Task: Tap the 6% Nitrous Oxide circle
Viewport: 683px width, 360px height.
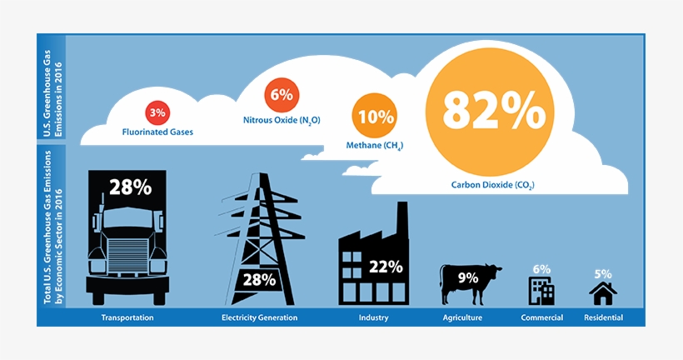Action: (x=281, y=95)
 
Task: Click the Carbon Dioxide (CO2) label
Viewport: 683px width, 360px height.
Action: (x=492, y=184)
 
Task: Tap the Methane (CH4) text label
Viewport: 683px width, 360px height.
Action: (x=374, y=146)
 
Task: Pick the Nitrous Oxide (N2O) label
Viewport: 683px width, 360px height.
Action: (x=281, y=120)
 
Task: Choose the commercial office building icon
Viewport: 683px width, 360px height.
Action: (x=541, y=290)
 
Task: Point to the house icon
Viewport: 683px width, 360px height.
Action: (x=602, y=292)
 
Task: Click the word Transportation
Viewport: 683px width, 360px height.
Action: (x=127, y=317)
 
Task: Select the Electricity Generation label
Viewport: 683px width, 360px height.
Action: (x=259, y=317)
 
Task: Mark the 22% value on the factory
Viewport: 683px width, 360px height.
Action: (x=386, y=267)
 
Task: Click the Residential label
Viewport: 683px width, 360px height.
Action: (x=602, y=317)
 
